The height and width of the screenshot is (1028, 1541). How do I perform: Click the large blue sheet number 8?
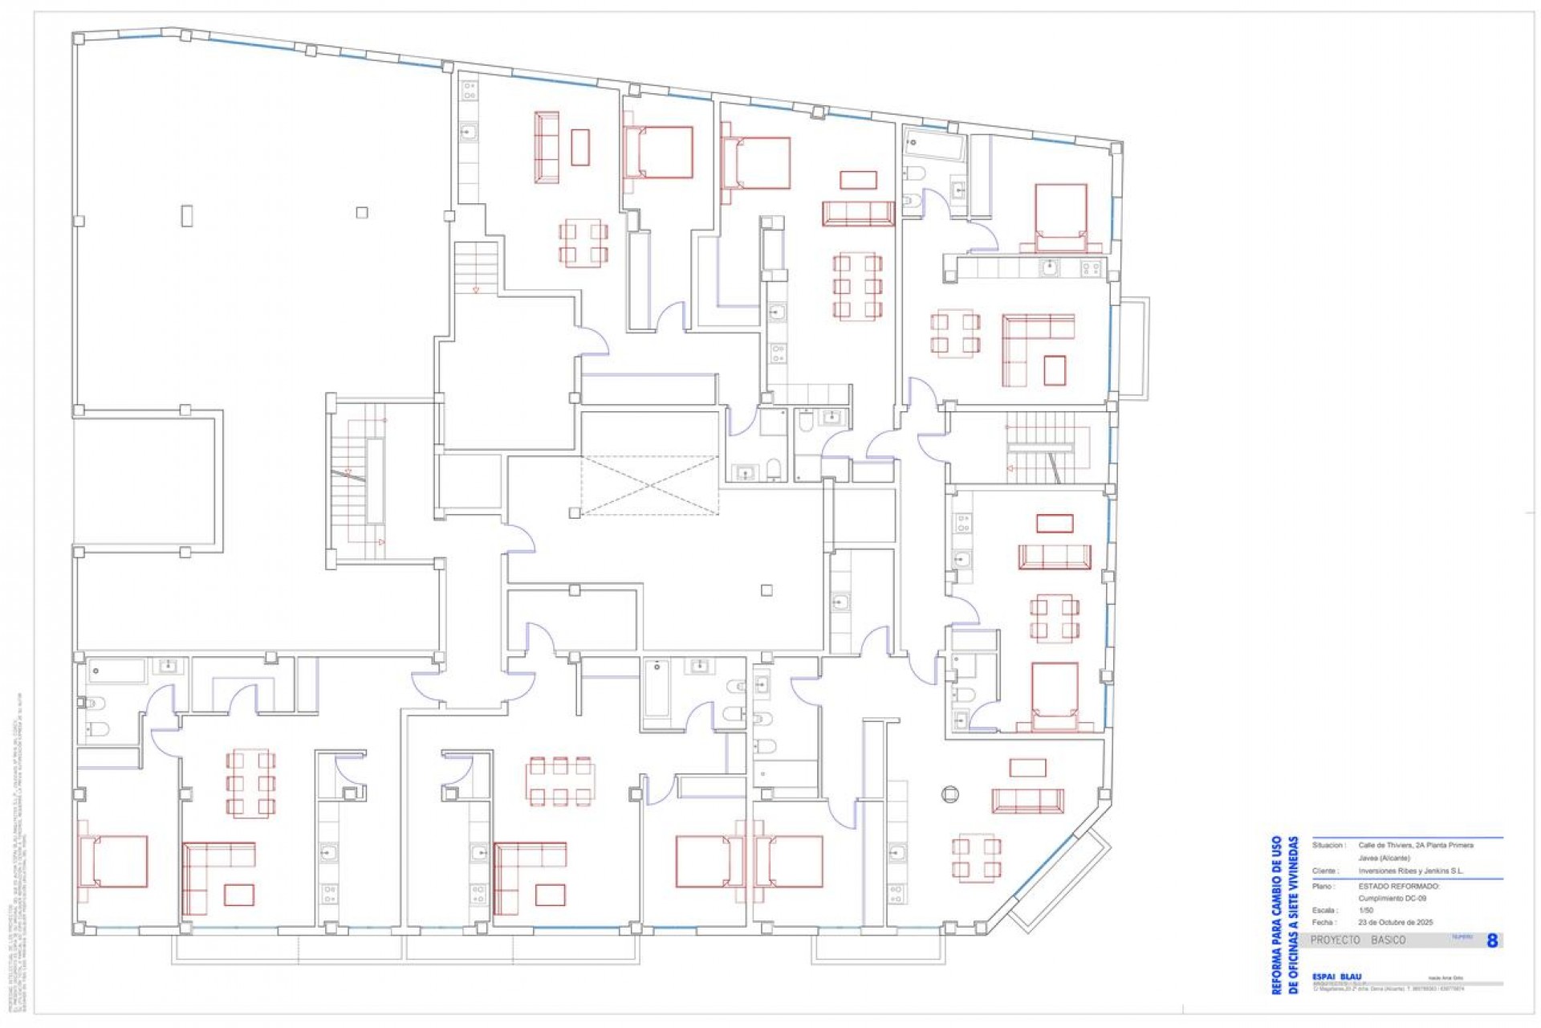click(1492, 940)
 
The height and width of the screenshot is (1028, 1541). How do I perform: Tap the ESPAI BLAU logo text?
click(1336, 977)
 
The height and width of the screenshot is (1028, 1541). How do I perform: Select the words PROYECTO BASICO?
click(1358, 940)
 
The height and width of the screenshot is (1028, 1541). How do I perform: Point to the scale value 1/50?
click(1366, 911)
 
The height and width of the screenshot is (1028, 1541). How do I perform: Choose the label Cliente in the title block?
click(1324, 871)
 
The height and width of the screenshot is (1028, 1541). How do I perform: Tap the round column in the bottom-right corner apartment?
click(949, 794)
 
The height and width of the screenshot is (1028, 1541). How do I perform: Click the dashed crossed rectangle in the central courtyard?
click(650, 485)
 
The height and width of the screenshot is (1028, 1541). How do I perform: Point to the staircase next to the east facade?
click(1048, 448)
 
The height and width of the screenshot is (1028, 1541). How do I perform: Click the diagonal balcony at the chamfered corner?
click(1059, 883)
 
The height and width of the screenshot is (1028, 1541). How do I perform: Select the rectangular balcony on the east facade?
click(1135, 348)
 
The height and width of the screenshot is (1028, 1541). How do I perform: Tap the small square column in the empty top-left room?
click(362, 213)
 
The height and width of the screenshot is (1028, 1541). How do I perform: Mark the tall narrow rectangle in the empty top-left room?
click(187, 215)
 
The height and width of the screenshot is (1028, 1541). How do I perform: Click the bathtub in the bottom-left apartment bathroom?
click(116, 671)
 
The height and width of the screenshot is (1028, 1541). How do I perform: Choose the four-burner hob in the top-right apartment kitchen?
click(1090, 268)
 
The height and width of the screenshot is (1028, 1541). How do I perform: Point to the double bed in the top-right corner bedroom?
click(1061, 212)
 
